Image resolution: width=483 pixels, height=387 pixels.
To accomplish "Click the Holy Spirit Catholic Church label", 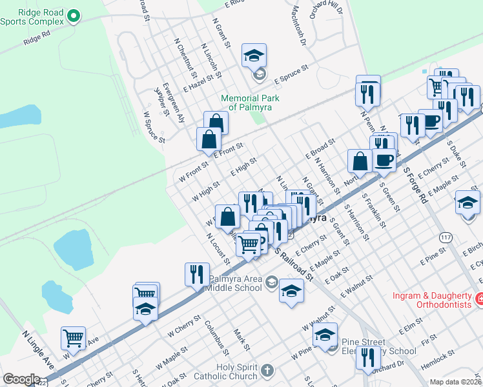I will (226, 371).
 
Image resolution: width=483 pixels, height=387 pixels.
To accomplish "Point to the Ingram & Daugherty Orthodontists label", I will (433, 299).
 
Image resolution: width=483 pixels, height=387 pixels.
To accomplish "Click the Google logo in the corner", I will (21, 379).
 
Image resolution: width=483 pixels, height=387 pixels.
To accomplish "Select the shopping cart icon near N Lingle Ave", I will (74, 337).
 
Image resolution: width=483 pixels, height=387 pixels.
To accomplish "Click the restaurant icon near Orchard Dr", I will (368, 357).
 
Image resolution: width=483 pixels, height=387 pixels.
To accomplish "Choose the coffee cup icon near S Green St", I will (384, 160).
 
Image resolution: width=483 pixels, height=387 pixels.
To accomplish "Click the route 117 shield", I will (445, 238).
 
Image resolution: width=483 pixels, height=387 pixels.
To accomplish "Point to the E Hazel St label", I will (201, 82).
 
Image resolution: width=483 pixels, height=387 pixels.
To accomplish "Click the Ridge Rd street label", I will (36, 39).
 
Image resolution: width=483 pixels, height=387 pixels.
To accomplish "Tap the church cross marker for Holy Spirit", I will (267, 371).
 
